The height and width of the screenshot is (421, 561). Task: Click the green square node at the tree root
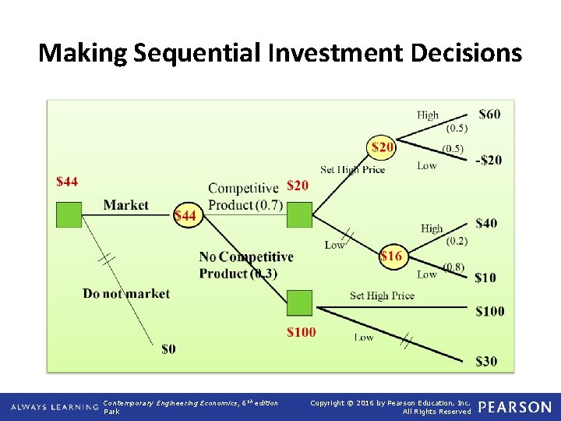tap(69, 214)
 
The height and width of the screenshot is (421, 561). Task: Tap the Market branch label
tap(125, 205)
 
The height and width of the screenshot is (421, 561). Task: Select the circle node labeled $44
tap(185, 214)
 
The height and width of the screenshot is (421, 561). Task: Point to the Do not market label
tap(126, 294)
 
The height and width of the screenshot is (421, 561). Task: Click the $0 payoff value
tap(168, 348)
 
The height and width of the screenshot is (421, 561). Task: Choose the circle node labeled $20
tap(382, 147)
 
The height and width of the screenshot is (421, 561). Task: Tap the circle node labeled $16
tap(391, 256)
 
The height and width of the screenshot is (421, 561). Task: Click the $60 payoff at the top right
tap(489, 115)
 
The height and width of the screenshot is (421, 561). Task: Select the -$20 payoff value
tap(489, 160)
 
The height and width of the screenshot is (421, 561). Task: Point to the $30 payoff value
tap(485, 361)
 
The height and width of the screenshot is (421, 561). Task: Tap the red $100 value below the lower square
tap(301, 332)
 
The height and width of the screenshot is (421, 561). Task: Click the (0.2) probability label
tap(457, 241)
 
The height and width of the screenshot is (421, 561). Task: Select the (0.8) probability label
tap(453, 267)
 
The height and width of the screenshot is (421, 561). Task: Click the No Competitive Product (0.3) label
tap(245, 265)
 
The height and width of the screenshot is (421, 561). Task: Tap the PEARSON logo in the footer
tap(515, 407)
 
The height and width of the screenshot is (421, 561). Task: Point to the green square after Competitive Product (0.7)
tap(299, 214)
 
